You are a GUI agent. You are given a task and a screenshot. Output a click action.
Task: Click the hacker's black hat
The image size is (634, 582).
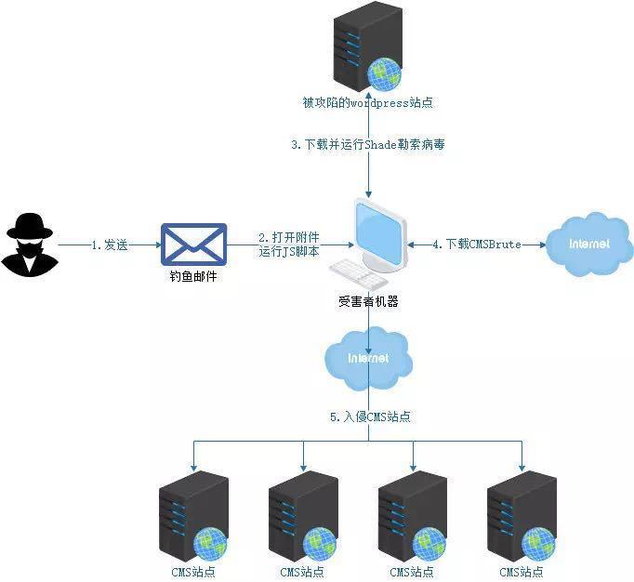tap(29, 223)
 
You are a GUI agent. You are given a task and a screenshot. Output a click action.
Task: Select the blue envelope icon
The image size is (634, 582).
tap(193, 245)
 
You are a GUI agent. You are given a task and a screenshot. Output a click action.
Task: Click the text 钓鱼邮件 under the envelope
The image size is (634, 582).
tap(193, 278)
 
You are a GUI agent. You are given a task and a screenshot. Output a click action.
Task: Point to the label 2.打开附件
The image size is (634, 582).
tap(289, 239)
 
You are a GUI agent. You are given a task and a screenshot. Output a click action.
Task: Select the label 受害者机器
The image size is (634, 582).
tap(368, 301)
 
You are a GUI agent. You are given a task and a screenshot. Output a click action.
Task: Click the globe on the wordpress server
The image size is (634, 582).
tap(383, 73)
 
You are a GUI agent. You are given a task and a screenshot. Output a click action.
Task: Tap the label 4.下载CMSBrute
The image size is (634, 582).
tap(477, 245)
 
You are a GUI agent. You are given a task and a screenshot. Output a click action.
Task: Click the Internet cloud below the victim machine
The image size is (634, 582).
tap(367, 358)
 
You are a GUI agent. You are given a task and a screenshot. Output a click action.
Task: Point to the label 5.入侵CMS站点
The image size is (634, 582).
tap(369, 417)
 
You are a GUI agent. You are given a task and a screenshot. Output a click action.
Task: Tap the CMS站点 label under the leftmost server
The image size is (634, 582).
tap(192, 571)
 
